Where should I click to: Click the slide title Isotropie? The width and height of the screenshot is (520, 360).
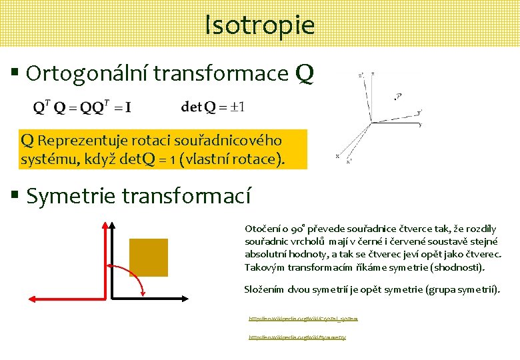pos(259,25)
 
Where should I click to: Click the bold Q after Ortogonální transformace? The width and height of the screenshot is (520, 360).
pos(303,73)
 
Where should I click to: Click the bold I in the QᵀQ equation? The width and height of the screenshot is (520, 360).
pos(127,107)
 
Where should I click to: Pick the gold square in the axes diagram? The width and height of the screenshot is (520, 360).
pos(148,257)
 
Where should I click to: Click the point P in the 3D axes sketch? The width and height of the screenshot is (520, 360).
pos(398,97)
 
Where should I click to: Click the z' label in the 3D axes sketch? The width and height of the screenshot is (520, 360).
pos(361,76)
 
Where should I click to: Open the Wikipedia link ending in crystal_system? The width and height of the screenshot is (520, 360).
pos(303,319)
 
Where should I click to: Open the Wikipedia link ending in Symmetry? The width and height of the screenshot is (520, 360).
pos(297,337)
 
